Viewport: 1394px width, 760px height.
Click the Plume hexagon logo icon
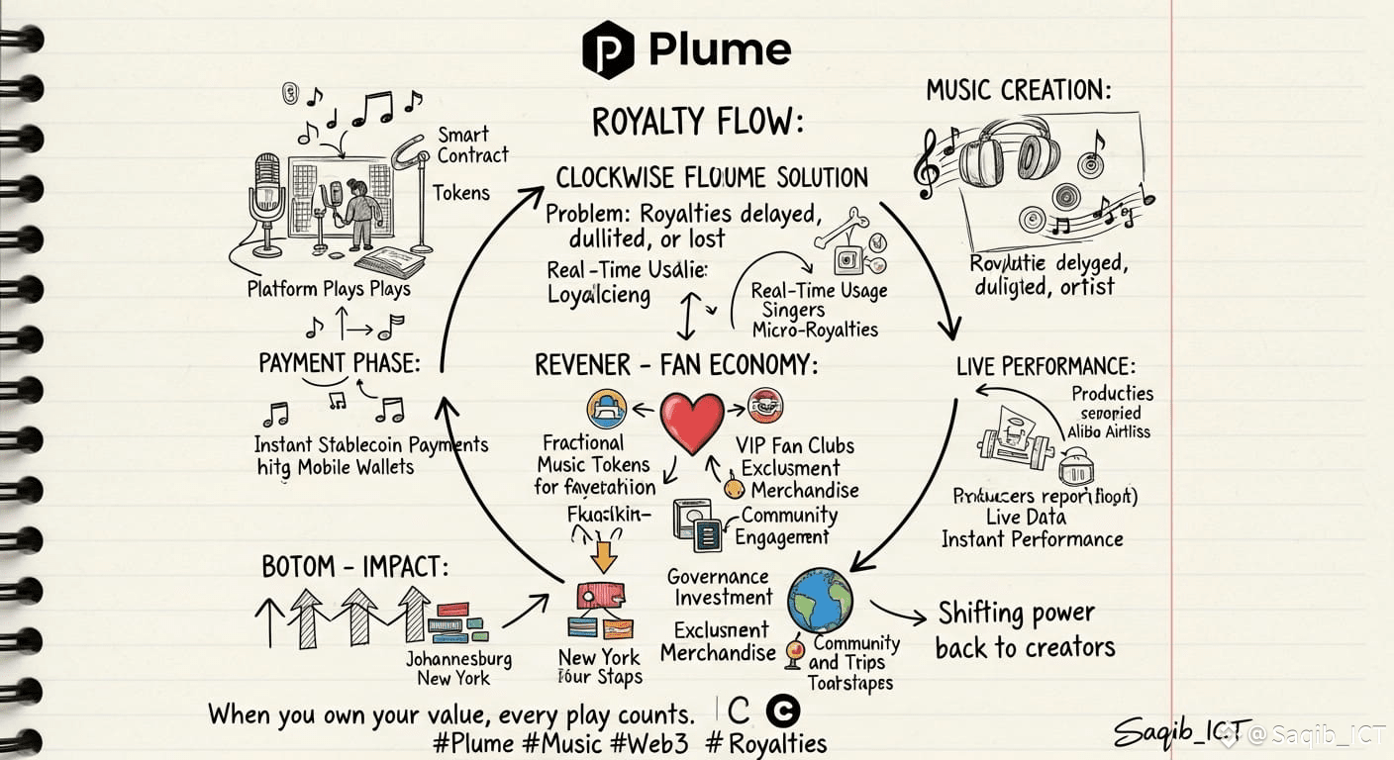(x=607, y=49)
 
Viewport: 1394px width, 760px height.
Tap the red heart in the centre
(x=692, y=419)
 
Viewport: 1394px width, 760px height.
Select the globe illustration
(x=820, y=600)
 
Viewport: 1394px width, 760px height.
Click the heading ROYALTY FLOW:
(x=697, y=123)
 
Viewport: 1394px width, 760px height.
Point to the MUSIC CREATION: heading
(x=1019, y=91)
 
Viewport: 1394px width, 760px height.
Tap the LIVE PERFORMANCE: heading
(x=1045, y=365)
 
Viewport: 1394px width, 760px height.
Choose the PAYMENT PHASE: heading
(x=339, y=363)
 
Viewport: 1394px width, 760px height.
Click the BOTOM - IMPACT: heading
(x=354, y=567)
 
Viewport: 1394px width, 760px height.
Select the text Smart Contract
(x=472, y=144)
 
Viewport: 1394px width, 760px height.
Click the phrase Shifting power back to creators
(x=1025, y=630)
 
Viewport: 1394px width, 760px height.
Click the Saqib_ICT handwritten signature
(x=1182, y=731)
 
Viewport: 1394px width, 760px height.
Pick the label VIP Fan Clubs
(x=795, y=445)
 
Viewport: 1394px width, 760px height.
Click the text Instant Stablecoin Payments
(x=371, y=444)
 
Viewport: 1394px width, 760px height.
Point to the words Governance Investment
(x=720, y=587)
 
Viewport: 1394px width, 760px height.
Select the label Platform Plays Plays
(x=329, y=289)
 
